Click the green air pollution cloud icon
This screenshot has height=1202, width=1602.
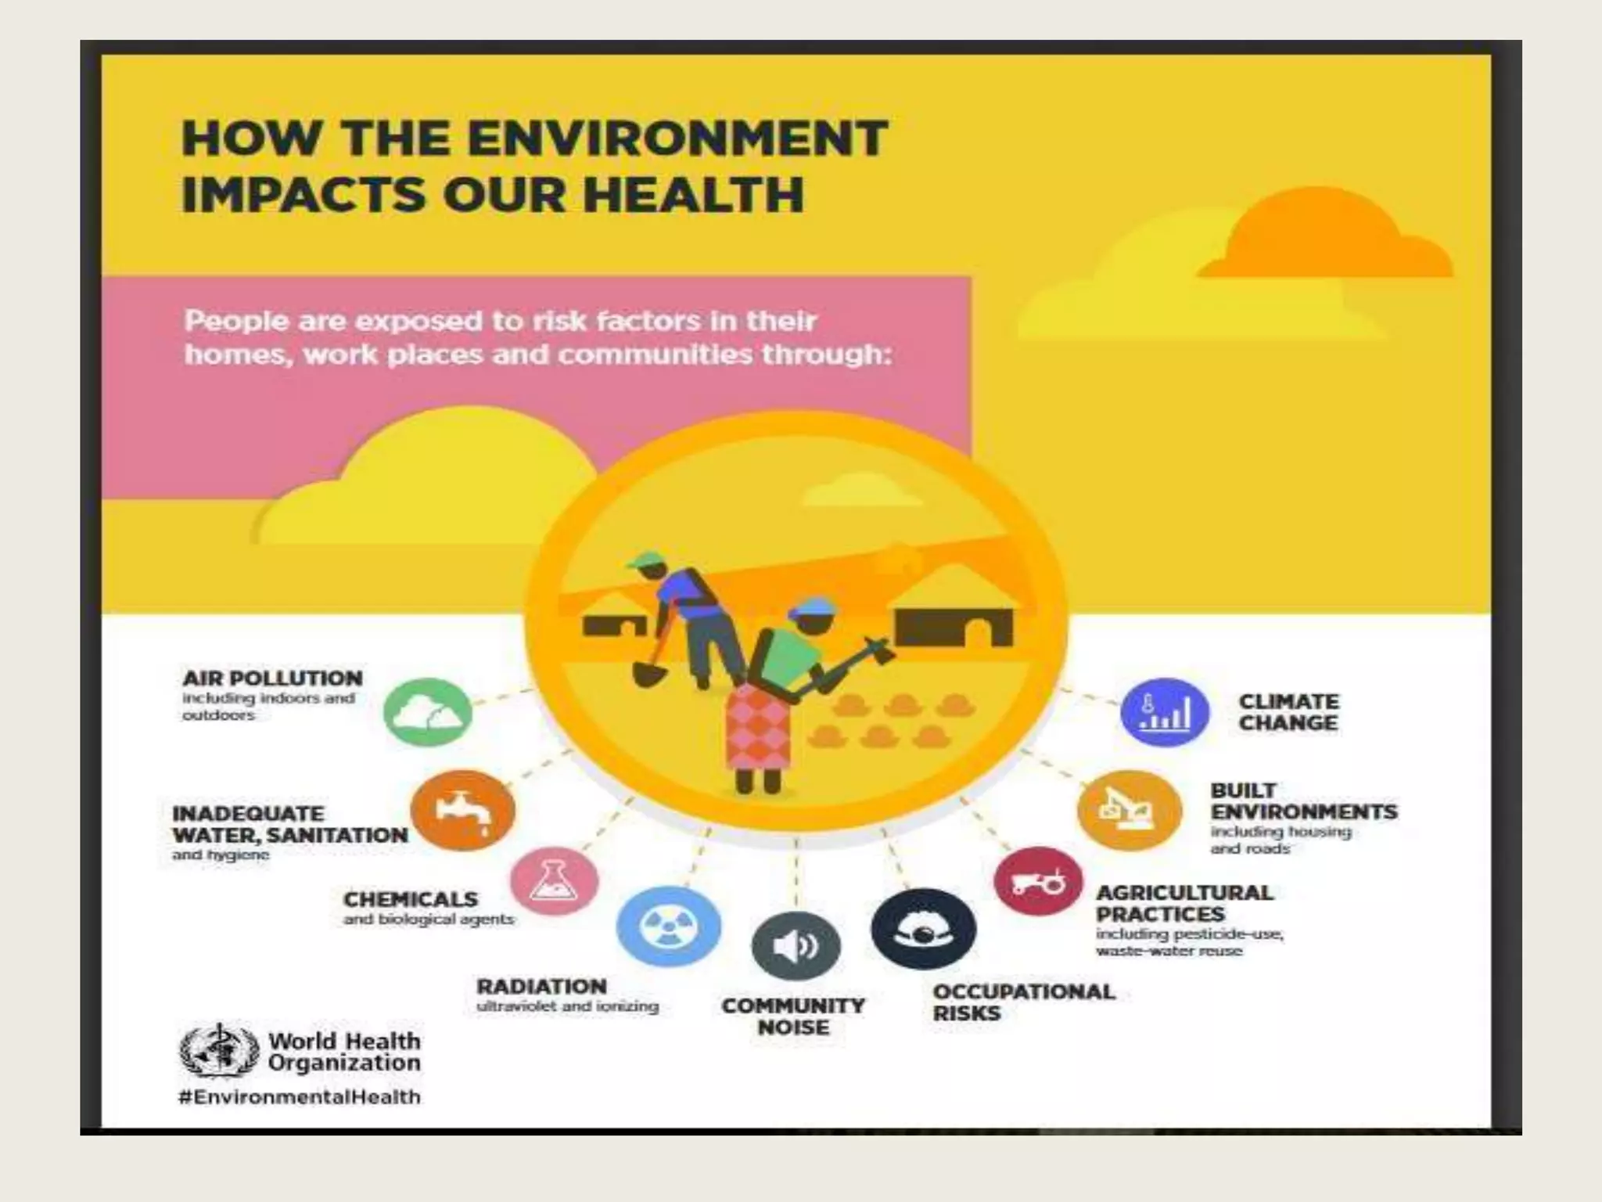[x=428, y=712]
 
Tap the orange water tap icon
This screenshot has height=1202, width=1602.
[x=462, y=810]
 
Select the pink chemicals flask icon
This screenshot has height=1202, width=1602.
[x=555, y=882]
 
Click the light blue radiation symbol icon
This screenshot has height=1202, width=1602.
[x=669, y=927]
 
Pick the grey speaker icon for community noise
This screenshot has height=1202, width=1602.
[x=796, y=946]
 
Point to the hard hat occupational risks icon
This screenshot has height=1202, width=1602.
[x=924, y=929]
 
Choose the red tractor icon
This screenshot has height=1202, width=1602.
[x=1038, y=881]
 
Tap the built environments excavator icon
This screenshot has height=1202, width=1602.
[x=1128, y=810]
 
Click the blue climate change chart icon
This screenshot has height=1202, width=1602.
[x=1165, y=712]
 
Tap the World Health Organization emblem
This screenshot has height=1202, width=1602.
[x=219, y=1052]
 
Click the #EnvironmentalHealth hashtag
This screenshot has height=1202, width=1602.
[x=300, y=1096]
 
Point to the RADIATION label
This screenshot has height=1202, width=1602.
[x=541, y=987]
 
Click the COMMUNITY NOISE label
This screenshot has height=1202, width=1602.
[x=793, y=1017]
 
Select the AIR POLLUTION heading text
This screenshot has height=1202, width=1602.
[x=272, y=678]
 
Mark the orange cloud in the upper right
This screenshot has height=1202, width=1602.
[x=1322, y=235]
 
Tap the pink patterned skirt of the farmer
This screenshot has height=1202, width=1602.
[x=757, y=729]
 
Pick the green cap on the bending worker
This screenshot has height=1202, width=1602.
[x=643, y=560]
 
